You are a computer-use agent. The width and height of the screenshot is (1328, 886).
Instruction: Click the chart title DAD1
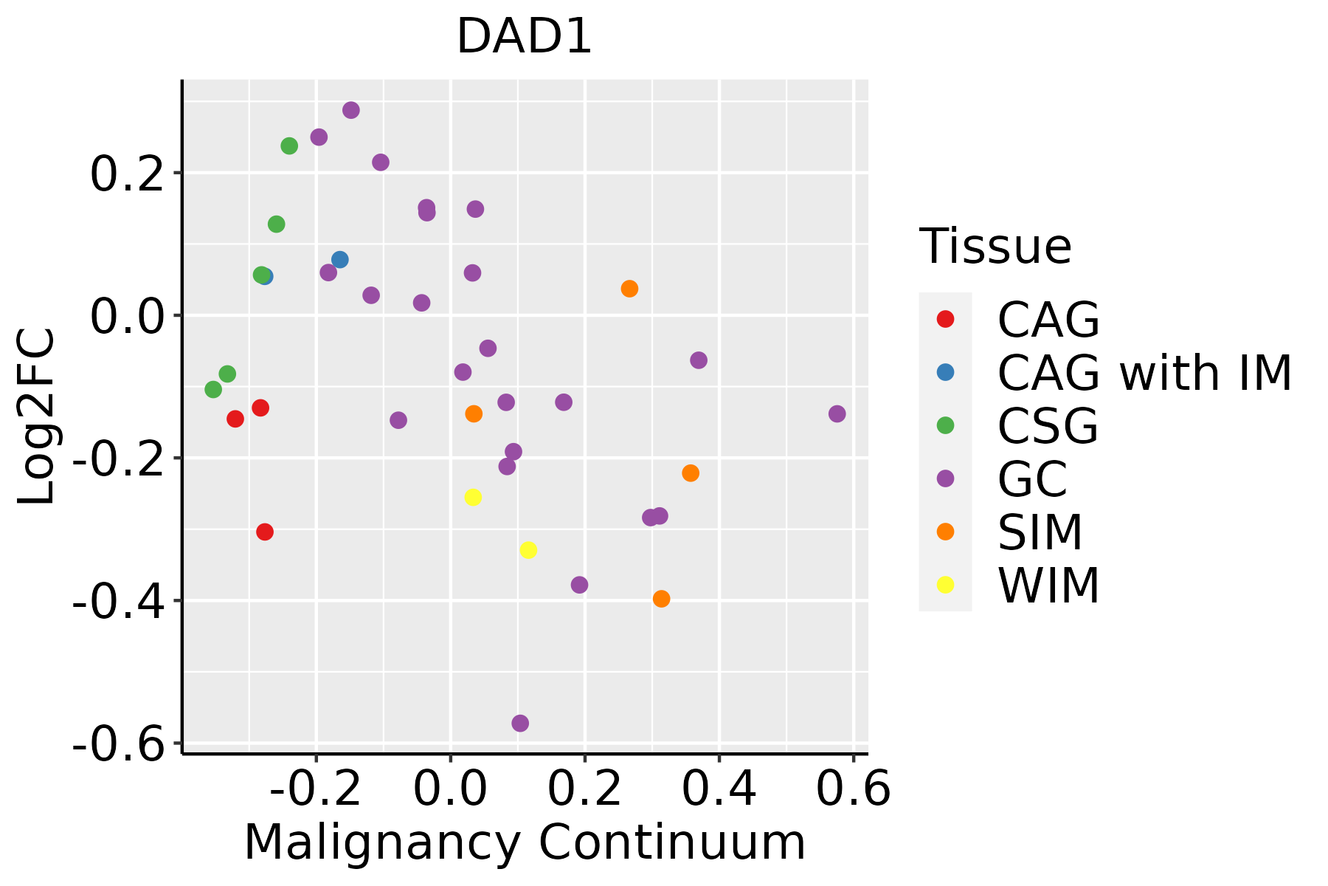(525, 37)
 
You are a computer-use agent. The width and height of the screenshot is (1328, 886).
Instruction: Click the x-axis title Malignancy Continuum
(525, 843)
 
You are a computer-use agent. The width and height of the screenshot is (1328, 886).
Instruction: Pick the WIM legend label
(1048, 586)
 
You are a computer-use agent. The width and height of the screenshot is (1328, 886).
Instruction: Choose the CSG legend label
(1048, 426)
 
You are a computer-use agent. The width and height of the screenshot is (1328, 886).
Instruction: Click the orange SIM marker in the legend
(945, 532)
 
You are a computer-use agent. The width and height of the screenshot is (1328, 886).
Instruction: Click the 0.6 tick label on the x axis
(854, 790)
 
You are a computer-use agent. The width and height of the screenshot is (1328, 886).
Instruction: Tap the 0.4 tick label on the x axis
(719, 790)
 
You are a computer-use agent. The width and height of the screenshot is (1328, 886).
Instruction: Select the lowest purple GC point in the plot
(520, 724)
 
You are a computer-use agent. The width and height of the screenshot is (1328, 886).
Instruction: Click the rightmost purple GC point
(837, 413)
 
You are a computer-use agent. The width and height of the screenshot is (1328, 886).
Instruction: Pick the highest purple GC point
(351, 110)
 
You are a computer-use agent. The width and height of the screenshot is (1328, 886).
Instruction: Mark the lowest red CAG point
(265, 532)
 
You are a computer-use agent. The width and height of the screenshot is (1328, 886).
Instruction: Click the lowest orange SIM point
(661, 599)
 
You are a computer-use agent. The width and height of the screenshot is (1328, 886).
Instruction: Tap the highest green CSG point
(289, 146)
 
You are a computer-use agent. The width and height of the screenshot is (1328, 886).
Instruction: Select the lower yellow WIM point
(528, 550)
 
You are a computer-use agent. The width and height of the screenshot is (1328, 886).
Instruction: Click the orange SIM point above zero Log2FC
(629, 289)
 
